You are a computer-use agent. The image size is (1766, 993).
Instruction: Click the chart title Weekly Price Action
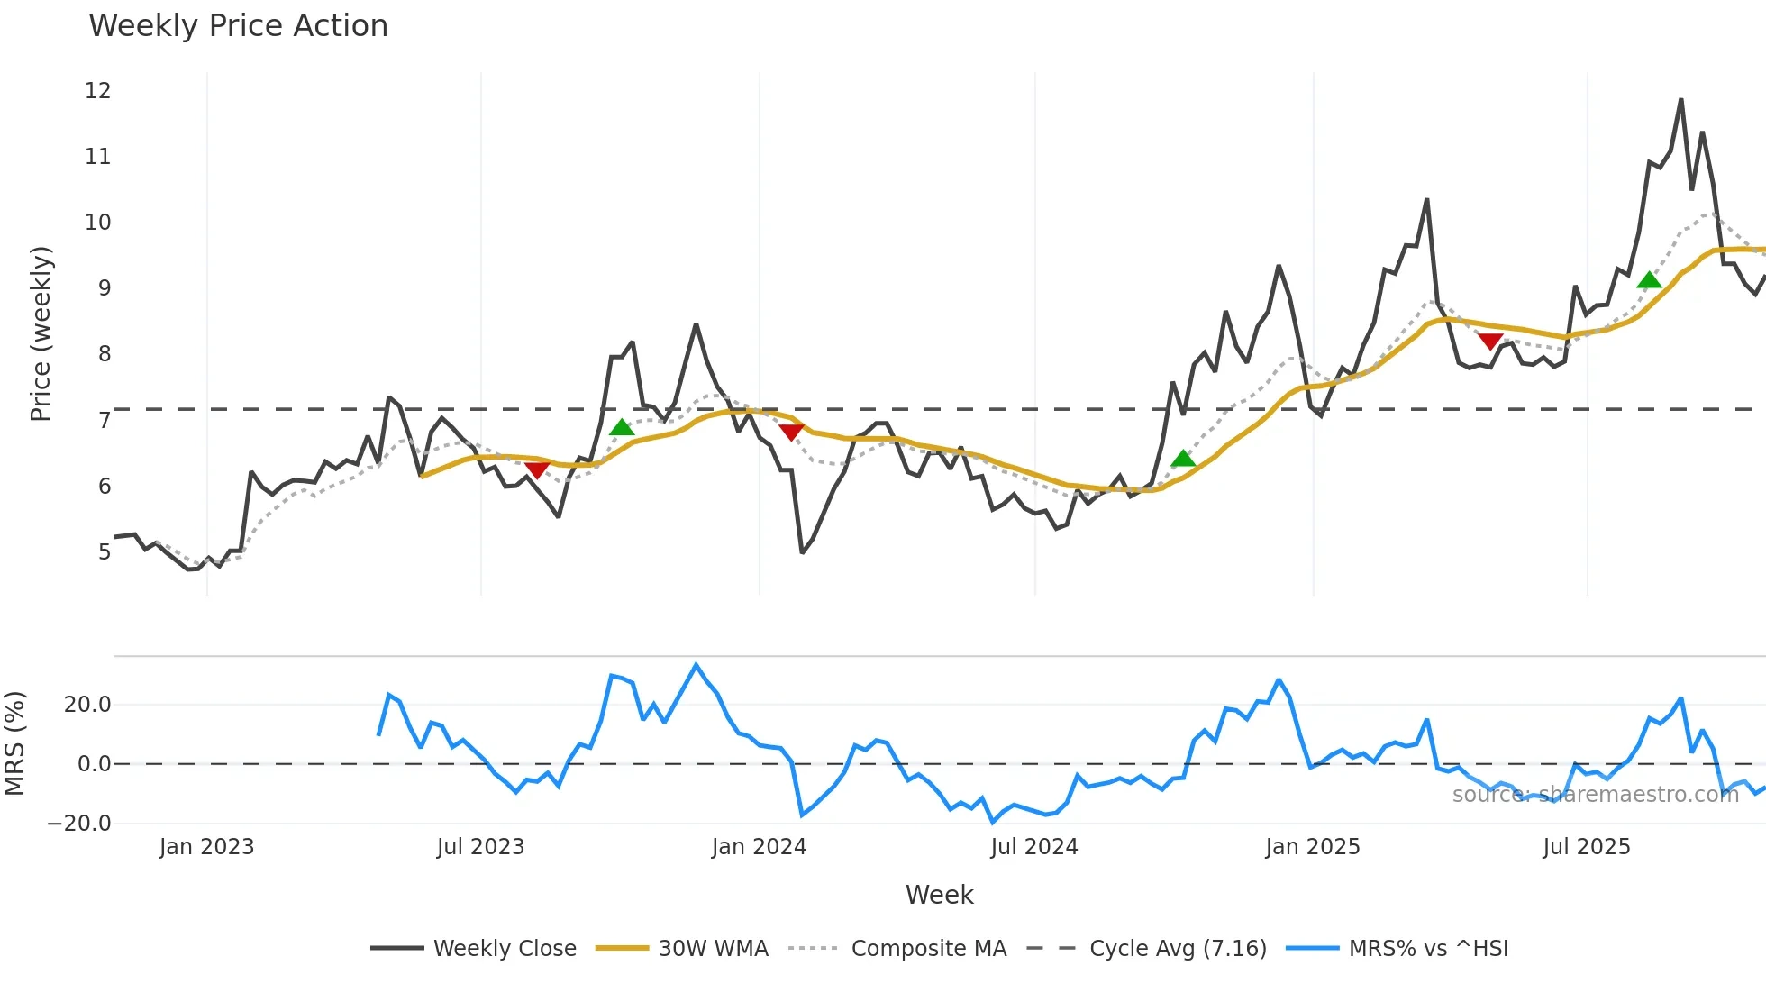238,25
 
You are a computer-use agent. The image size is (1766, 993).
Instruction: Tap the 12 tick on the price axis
98,91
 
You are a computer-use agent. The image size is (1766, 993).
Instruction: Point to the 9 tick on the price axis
105,288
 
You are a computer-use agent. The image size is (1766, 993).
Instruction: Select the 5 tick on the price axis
105,551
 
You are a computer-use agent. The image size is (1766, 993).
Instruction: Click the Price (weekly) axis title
41,333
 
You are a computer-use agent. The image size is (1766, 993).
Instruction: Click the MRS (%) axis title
14,743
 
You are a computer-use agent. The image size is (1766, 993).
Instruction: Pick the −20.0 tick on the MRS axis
79,823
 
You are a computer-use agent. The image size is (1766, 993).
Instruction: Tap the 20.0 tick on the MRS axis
87,705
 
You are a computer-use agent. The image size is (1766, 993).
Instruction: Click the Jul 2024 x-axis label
1033,847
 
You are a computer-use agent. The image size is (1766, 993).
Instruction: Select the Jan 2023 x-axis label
206,847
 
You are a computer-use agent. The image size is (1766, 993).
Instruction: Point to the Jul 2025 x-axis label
1586,847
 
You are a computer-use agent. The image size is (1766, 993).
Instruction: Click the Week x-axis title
939,895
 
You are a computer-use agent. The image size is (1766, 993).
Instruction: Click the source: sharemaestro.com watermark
1595,795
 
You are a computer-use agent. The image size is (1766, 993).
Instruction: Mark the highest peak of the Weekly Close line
1681,100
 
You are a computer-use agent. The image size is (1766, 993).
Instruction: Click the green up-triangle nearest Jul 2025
1649,280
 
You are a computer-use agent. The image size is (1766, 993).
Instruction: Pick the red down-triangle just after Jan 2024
791,433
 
